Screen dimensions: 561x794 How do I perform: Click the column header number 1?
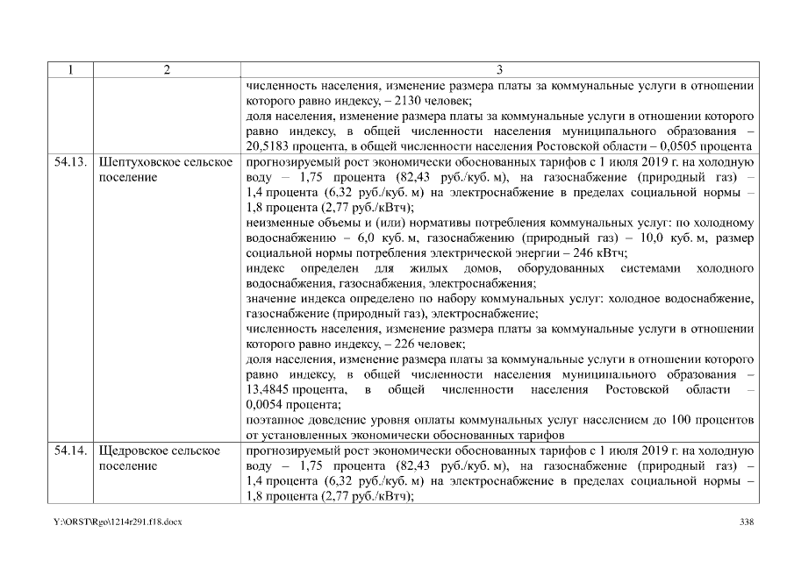pyautogui.click(x=68, y=70)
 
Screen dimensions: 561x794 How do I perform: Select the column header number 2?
pyautogui.click(x=165, y=70)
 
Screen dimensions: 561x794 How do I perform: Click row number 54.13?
pyautogui.click(x=68, y=163)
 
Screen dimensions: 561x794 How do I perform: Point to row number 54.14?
pyautogui.click(x=68, y=451)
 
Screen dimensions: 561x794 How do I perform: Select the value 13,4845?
pyautogui.click(x=275, y=388)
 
